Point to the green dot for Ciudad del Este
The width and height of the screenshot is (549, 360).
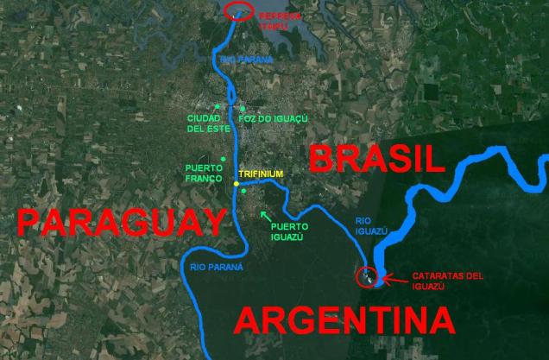[x=205, y=106]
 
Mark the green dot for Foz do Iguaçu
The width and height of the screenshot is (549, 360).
[x=243, y=108]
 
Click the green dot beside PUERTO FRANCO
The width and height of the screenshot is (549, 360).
[x=223, y=159]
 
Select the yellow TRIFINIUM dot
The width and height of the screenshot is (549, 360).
[x=235, y=183]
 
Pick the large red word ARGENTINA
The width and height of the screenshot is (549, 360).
[x=344, y=322]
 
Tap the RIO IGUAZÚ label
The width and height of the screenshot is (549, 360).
[x=374, y=226]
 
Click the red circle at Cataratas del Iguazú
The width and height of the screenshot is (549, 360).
[x=366, y=277]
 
